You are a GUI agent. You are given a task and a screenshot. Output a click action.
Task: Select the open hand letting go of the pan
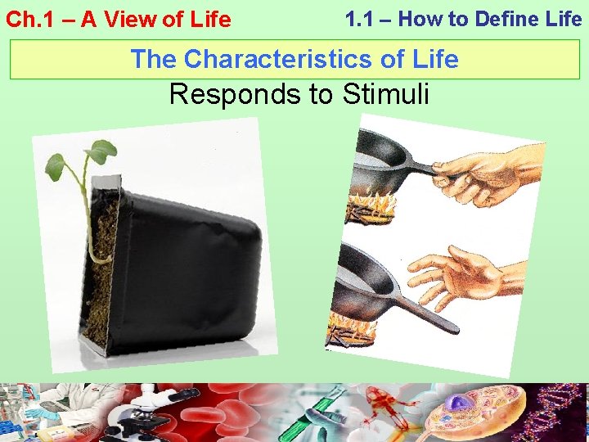[x=458, y=274]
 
